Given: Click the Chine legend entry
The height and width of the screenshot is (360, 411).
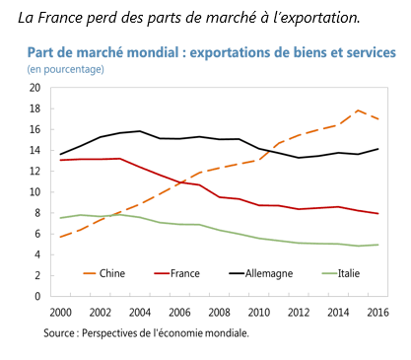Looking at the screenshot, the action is pos(104,273).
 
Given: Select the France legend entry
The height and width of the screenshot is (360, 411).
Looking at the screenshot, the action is pos(176,273).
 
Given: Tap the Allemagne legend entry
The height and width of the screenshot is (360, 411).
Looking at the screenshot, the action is pos(261,273).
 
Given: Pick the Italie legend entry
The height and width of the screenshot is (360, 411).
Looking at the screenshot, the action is pos(341,273).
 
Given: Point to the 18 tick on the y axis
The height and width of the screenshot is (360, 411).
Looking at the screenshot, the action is pos(34,108).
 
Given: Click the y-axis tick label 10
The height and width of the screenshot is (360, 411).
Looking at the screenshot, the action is pos(34,192).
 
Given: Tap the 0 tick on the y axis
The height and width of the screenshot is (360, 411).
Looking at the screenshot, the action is pos(37,296).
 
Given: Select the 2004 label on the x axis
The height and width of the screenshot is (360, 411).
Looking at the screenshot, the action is pos(140,313).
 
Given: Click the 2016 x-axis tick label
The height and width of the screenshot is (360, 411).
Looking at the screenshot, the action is pos(377,313).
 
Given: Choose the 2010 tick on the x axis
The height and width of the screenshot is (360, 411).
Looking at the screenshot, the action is pos(259,313).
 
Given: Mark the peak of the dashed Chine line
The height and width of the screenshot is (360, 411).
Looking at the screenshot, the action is pos(358,110).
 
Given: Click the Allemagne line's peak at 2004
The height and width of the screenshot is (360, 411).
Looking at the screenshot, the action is pos(140,131).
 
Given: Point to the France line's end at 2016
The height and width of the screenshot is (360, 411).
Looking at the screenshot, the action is pos(377,214).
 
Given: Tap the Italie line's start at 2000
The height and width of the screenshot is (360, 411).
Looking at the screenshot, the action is pos(60,218).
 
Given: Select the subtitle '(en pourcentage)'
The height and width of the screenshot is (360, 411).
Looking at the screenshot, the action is pos(65,69).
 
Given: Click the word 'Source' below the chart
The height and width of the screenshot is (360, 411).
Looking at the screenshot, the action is pos(59,333).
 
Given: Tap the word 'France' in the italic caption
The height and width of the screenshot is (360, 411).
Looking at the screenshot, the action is pos(59,18).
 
